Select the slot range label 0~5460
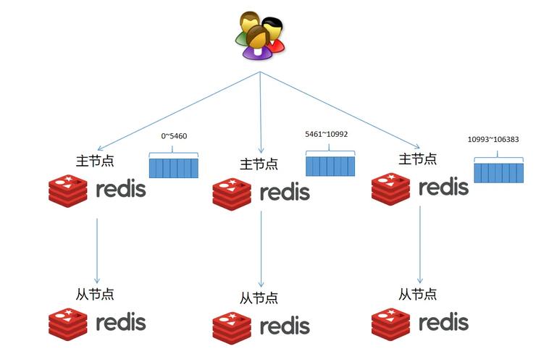174,136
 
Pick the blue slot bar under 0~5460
174,167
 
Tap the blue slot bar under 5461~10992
330,166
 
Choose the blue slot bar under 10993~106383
499,172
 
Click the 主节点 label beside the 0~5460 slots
94,161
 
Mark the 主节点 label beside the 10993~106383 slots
418,158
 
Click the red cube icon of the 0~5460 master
68,190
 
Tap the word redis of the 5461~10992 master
285,193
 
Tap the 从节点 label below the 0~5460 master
94,294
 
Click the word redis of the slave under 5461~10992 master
285,325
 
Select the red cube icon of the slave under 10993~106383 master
391,323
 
